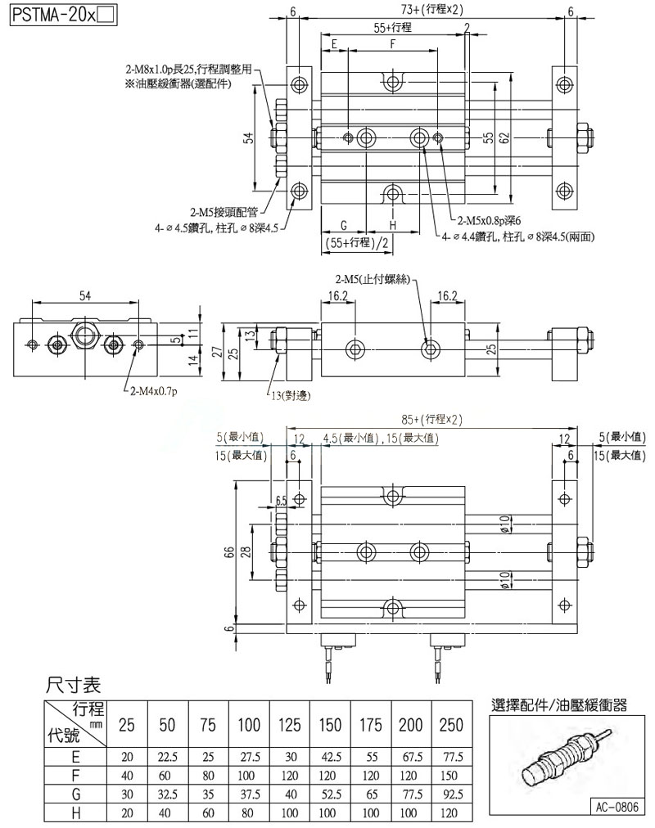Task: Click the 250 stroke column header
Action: (452, 725)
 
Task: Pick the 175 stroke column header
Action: (372, 725)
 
